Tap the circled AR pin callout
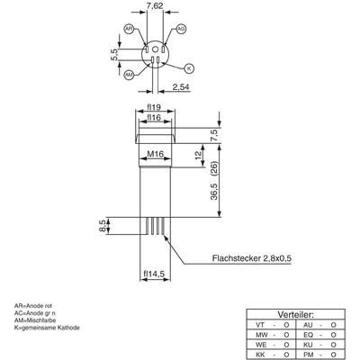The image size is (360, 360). point(129,30)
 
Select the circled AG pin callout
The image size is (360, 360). point(181,30)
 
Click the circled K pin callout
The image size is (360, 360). point(189,67)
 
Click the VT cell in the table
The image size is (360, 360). point(260,324)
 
